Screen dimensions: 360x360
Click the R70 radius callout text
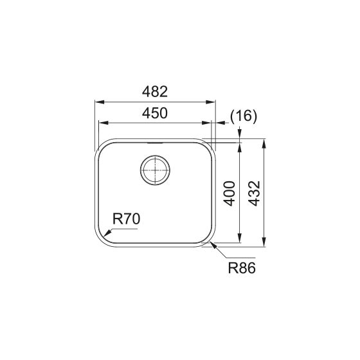click(126, 219)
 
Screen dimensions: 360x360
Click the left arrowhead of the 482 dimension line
click(96, 101)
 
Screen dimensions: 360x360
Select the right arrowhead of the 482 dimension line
click(214, 101)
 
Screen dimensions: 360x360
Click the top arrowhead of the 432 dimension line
click(264, 139)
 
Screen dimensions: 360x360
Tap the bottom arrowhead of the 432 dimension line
click(264, 246)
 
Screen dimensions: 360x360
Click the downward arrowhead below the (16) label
click(240, 136)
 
